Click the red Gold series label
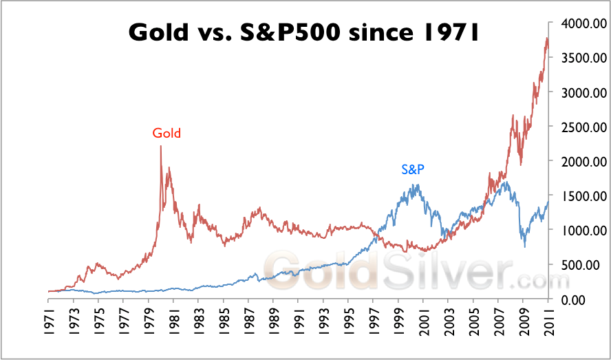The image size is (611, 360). click(167, 134)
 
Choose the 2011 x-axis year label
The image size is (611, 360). click(548, 320)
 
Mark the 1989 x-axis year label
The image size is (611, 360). click(274, 320)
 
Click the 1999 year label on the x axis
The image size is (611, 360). click(398, 320)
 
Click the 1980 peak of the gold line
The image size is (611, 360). click(160, 146)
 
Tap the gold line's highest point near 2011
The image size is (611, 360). click(546, 39)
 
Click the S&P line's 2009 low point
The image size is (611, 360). click(525, 246)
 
